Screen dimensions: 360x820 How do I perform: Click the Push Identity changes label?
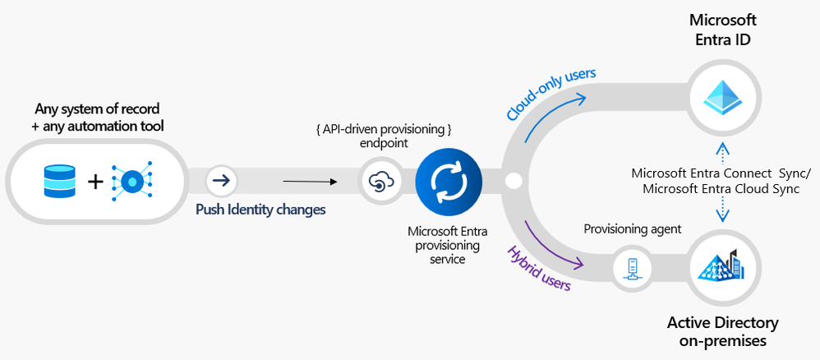pos(260,210)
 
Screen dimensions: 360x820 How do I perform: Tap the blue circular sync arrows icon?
pos(443,181)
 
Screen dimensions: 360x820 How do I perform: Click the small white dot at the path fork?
pos(515,181)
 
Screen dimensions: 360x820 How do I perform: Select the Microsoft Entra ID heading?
pos(722,29)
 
